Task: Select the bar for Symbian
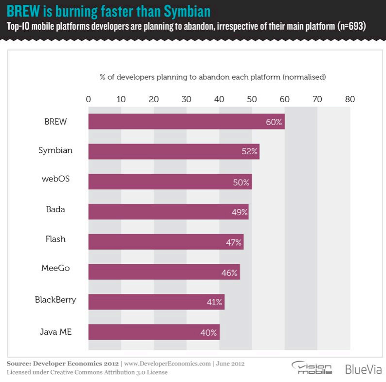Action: point(173,151)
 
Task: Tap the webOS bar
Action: point(170,182)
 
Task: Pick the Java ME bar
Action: point(154,332)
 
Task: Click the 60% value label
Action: point(274,122)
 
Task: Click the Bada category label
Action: point(55,209)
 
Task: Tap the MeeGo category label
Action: point(55,270)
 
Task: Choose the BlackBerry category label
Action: point(55,300)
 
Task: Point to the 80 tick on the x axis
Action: point(350,99)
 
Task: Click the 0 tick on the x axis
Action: point(88,99)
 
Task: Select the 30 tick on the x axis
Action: point(186,99)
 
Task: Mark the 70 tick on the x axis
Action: point(317,99)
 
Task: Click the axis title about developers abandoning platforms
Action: point(213,77)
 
